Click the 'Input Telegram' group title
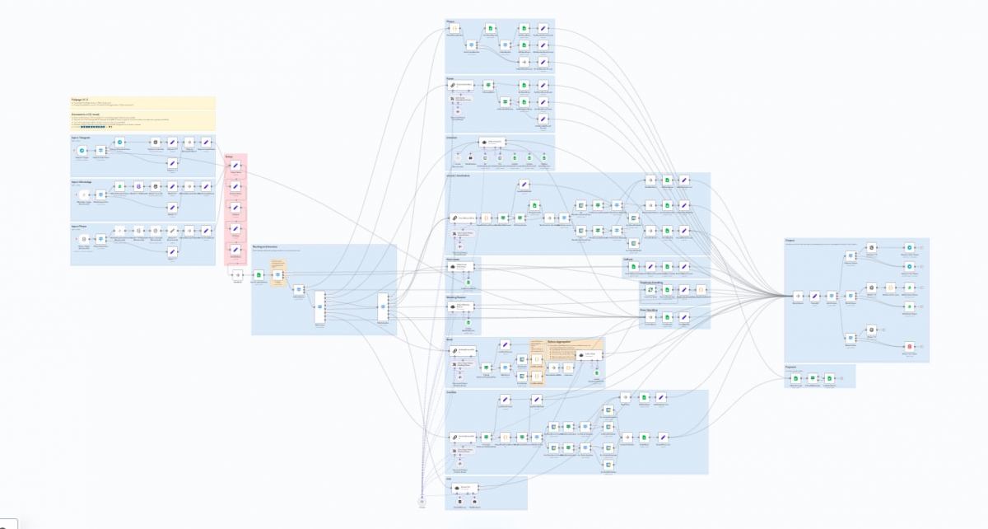tap(81, 138)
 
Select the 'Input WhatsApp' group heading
tap(82, 180)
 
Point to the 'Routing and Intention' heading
tap(265, 246)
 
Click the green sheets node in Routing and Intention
tap(259, 274)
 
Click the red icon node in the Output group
tap(909, 346)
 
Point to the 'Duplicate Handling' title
tap(651, 282)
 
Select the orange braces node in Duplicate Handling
tap(700, 290)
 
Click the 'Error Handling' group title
tap(650, 310)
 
